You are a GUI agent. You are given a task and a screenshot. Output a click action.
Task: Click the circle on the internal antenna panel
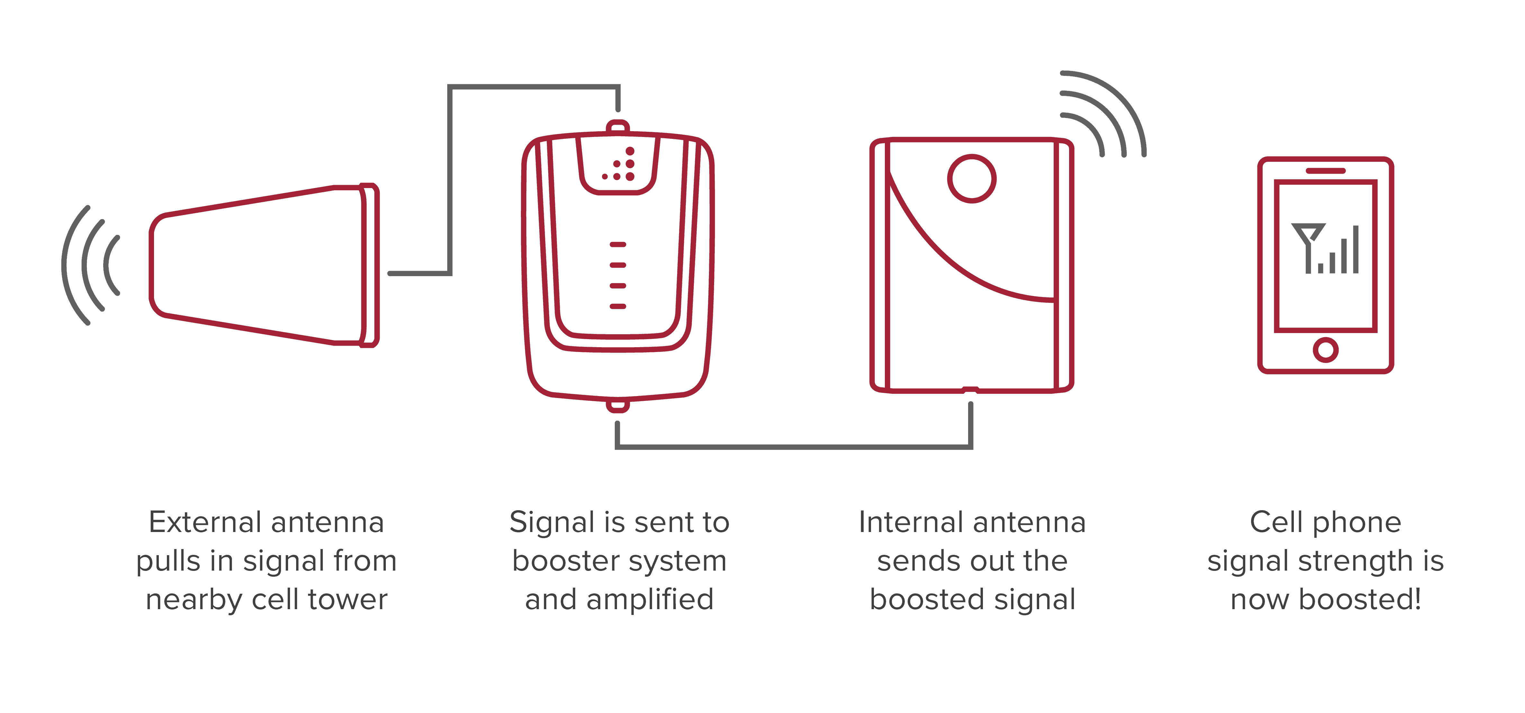971,179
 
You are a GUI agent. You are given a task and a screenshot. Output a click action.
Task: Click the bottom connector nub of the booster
617,405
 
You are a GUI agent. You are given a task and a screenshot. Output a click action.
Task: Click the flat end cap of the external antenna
369,265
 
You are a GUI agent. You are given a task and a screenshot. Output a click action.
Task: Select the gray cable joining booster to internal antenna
793,447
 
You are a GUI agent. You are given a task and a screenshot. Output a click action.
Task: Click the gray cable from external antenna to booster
450,177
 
